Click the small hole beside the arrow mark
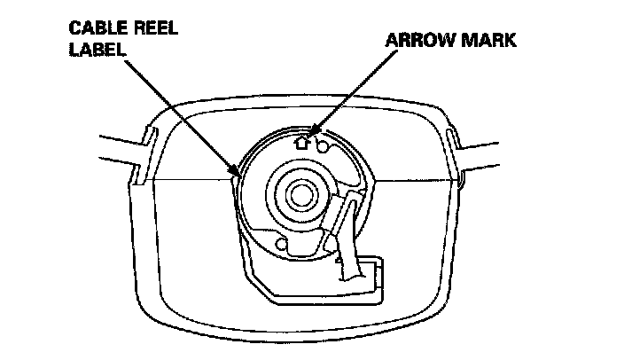pos(324,139)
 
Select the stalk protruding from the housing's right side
pos(486,144)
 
